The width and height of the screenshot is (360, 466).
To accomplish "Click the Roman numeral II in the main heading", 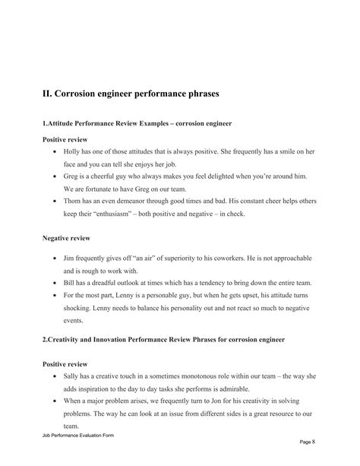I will click(47, 94).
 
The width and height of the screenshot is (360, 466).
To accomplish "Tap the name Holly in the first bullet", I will click(73, 152).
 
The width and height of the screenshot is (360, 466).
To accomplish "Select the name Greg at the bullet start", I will click(72, 176).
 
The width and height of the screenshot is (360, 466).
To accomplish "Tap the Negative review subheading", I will click(66, 239).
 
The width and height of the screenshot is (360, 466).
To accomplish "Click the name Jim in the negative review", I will click(70, 258).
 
